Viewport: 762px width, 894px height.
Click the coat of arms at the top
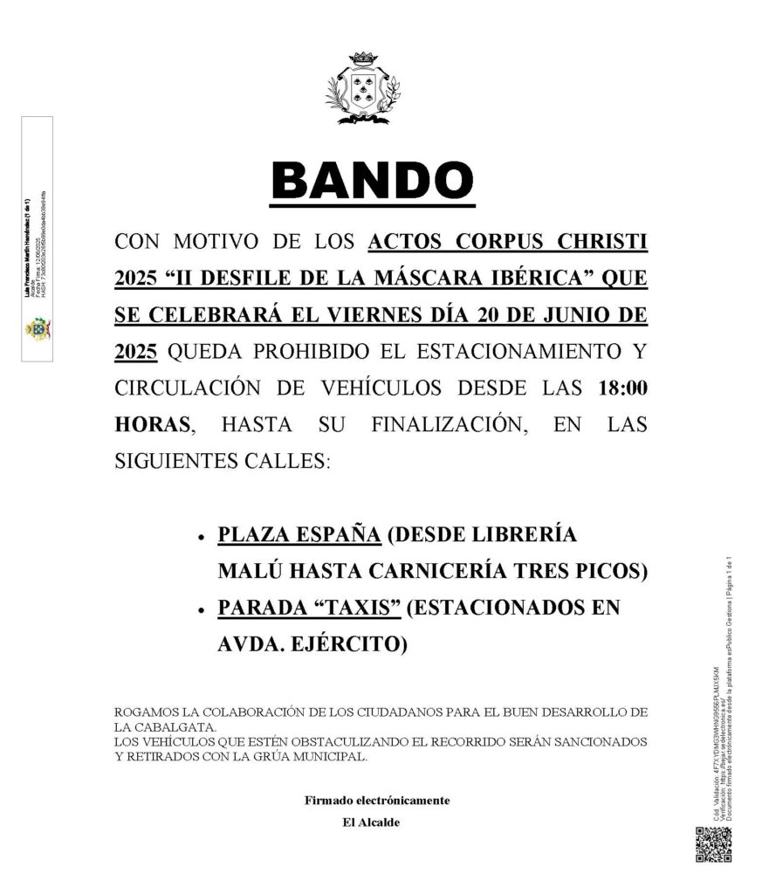point(362,88)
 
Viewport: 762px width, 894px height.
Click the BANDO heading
point(374,180)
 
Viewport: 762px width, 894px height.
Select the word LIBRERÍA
point(532,535)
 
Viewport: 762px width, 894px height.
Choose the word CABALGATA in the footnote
point(169,726)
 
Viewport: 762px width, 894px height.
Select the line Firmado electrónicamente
point(376,801)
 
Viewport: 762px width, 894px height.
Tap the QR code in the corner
point(712,843)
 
